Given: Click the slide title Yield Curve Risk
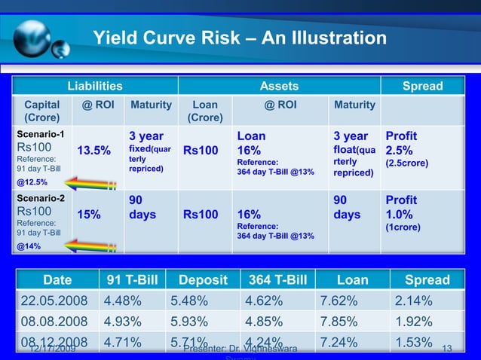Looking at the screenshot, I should pyautogui.click(x=238, y=38).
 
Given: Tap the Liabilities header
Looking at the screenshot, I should pyautogui.click(x=95, y=86).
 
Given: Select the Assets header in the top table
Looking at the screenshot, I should pyautogui.click(x=279, y=86).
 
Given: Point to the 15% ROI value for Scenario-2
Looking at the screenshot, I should pyautogui.click(x=89, y=215).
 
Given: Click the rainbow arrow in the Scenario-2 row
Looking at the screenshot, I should pyautogui.click(x=89, y=246).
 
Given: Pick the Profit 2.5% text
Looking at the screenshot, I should pyautogui.click(x=401, y=144).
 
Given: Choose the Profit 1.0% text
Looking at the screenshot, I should pyautogui.click(x=401, y=208).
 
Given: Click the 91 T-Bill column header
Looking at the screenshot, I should pyautogui.click(x=130, y=280).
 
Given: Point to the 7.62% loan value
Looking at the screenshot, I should pyautogui.click(x=338, y=301).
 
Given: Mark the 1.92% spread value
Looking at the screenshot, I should pyautogui.click(x=413, y=322).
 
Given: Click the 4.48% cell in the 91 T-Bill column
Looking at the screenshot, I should pyautogui.click(x=124, y=301).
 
